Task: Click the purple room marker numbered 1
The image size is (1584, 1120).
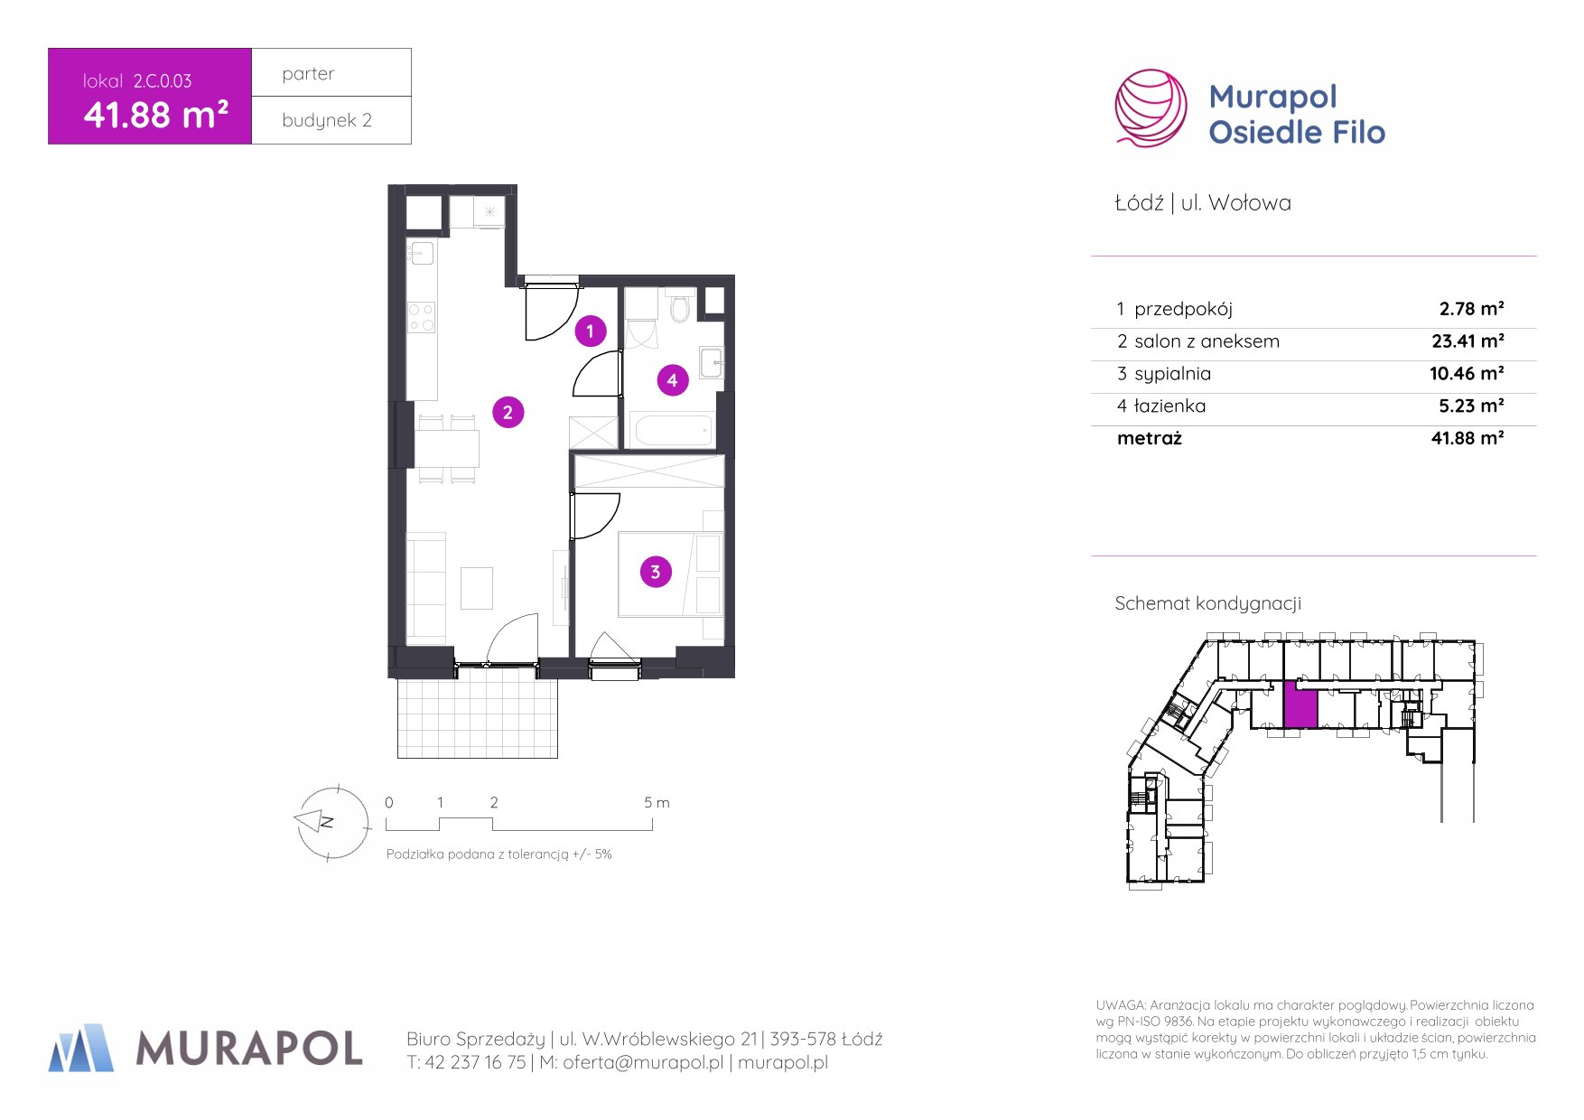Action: click(590, 331)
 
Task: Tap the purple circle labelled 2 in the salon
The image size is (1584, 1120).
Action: click(508, 413)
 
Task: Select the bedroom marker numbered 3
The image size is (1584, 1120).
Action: click(656, 572)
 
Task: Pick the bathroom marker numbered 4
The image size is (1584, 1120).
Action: click(672, 380)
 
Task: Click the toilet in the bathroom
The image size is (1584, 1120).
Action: click(680, 307)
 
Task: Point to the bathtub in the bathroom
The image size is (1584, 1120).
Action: click(673, 430)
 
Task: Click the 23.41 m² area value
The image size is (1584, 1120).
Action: click(1467, 341)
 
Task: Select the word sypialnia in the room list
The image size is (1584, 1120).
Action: click(1172, 375)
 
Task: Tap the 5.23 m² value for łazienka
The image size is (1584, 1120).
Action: click(1471, 406)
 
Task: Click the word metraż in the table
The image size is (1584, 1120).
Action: click(1149, 439)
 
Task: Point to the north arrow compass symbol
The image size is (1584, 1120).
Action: click(332, 822)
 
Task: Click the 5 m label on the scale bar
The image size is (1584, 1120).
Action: click(657, 802)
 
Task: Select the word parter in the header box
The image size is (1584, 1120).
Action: click(308, 74)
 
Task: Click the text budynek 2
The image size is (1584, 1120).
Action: click(327, 120)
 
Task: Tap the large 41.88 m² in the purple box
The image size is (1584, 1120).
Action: click(155, 116)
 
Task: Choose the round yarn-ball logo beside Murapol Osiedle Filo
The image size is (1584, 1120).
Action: click(1151, 108)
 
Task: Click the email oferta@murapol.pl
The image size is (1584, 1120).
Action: click(643, 1063)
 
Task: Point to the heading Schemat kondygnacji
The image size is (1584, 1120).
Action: click(1207, 604)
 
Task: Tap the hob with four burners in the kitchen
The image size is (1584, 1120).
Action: click(422, 317)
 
